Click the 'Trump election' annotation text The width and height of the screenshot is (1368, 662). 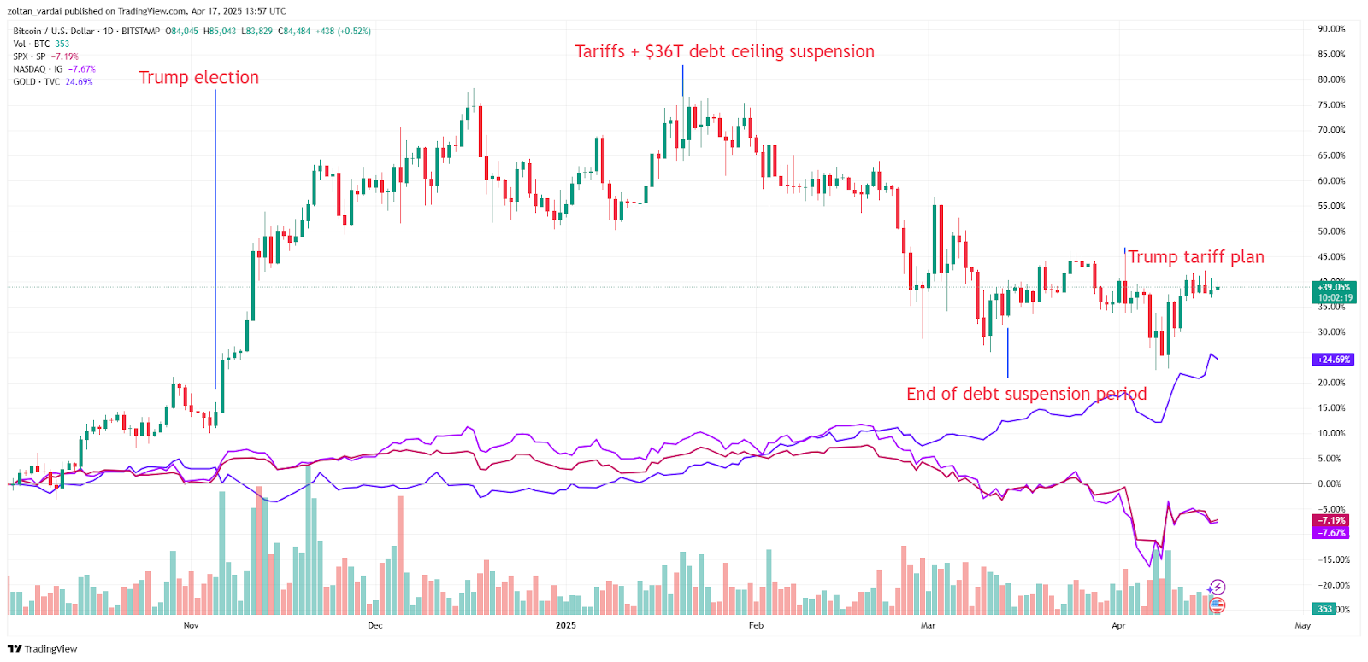click(x=198, y=78)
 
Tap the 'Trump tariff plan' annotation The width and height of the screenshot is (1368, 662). click(x=1195, y=257)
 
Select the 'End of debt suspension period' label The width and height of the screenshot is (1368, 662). click(x=1026, y=394)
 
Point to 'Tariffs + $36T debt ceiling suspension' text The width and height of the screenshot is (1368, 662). click(x=724, y=52)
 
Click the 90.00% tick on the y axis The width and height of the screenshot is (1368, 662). click(x=1331, y=29)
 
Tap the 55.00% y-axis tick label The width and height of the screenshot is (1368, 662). click(x=1331, y=207)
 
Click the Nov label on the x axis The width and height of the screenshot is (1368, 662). click(x=191, y=626)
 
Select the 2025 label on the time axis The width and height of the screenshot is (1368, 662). click(x=565, y=626)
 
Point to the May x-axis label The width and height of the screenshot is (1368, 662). click(x=1302, y=626)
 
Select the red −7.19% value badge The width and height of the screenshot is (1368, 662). click(x=1331, y=520)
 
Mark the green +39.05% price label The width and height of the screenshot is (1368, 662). click(x=1334, y=288)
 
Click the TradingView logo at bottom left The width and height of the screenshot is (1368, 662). click(x=43, y=649)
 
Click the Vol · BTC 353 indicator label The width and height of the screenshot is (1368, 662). click(x=41, y=44)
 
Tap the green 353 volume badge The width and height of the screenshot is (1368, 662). click(x=1324, y=609)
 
